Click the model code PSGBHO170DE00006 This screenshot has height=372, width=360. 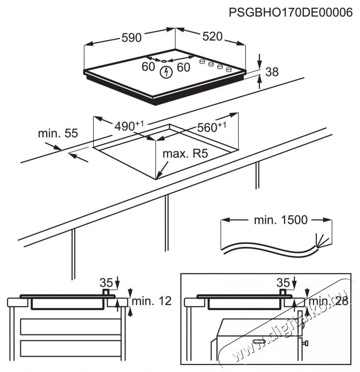pos(290,13)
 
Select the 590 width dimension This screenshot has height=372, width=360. pos(131,38)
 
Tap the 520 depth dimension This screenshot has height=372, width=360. pos(212,36)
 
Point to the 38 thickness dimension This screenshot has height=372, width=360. pos(272,72)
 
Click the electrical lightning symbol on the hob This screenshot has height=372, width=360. pos(166,73)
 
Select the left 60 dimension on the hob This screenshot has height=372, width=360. pos(148,67)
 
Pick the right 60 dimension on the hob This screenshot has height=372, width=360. pos(183,67)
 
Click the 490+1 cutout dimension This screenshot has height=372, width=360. pos(129,126)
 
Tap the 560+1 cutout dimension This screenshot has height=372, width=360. pos(212,127)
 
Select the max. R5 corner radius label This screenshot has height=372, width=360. pos(184,154)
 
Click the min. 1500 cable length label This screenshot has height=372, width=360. pos(281,220)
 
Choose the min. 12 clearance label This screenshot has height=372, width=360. pos(152,301)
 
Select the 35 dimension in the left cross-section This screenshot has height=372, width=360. pos(106,282)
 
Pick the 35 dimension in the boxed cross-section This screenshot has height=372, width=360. pos(283,281)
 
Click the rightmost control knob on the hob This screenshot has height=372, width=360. pos(229,69)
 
